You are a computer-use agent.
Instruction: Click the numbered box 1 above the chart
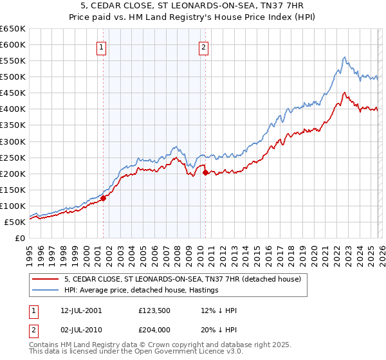[x=102, y=46]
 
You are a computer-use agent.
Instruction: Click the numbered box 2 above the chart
[x=203, y=46]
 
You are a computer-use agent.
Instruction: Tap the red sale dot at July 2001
[x=103, y=198]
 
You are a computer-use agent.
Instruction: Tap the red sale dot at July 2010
[x=205, y=172]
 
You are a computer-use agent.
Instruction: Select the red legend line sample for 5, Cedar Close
[x=46, y=279]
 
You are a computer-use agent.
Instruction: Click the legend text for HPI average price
[x=142, y=290]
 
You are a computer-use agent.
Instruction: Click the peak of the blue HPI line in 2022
[x=345, y=57]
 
